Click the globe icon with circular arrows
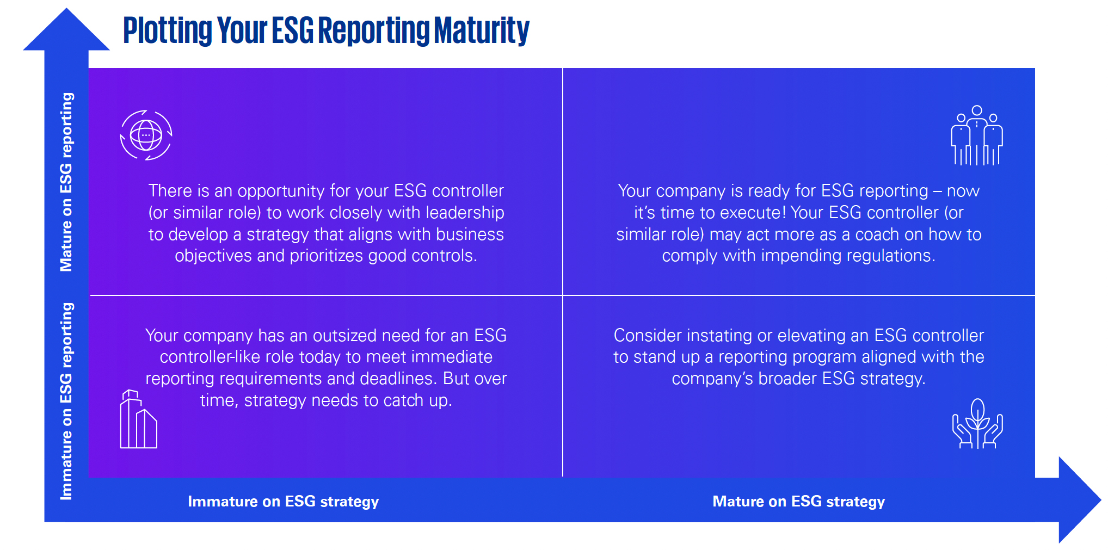[x=146, y=135]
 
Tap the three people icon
[x=977, y=135]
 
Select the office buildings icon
[x=138, y=419]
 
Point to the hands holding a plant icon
[x=977, y=424]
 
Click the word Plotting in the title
[x=167, y=30]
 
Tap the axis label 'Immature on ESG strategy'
[x=283, y=501]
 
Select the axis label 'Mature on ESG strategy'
[x=798, y=501]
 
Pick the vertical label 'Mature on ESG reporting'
[x=66, y=182]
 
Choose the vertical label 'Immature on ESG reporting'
[x=66, y=401]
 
